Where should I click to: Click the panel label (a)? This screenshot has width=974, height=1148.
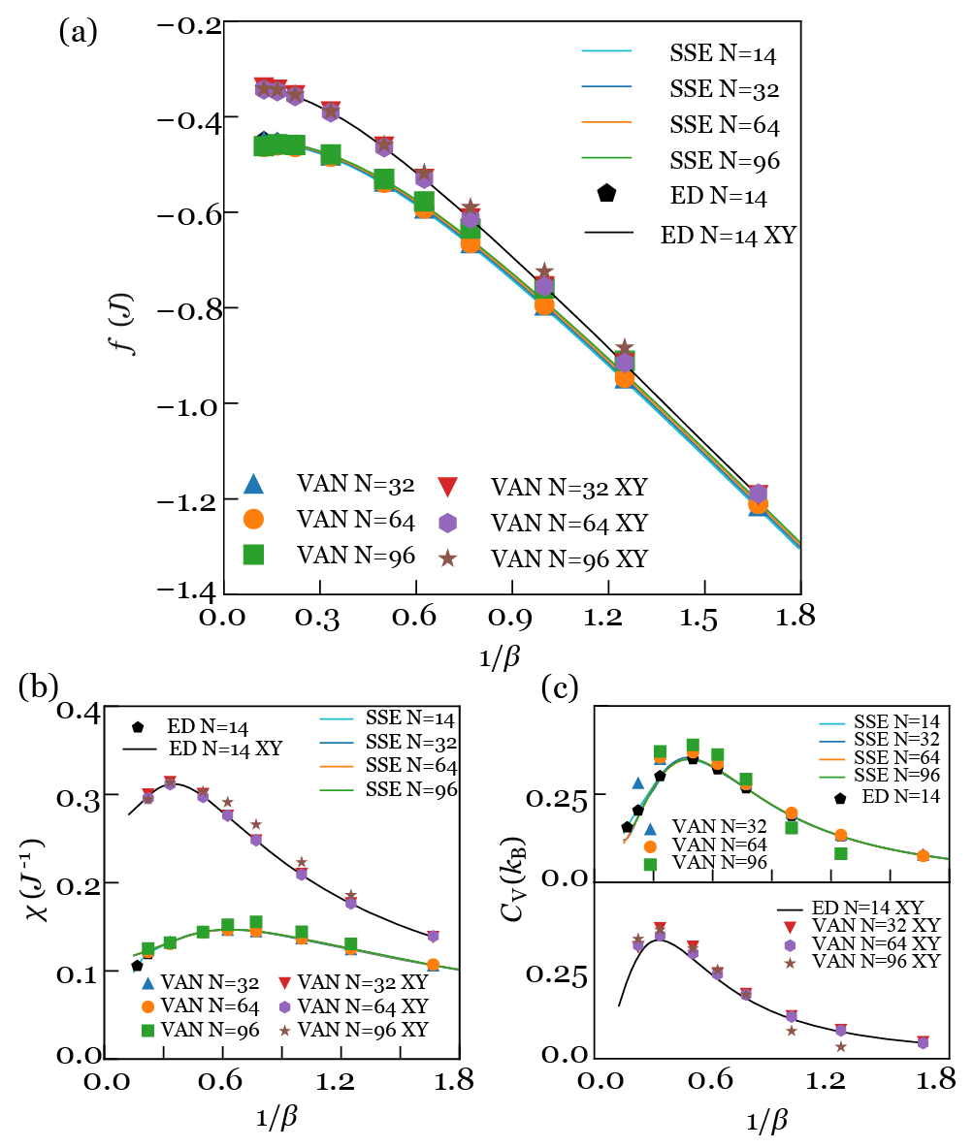(x=78, y=32)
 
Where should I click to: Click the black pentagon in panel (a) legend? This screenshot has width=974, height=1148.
(x=606, y=193)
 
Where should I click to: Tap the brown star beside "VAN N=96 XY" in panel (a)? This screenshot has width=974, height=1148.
(x=447, y=558)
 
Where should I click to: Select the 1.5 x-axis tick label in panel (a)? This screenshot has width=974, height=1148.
(x=705, y=618)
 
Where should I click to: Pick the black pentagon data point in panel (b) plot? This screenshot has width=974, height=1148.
(x=137, y=966)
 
